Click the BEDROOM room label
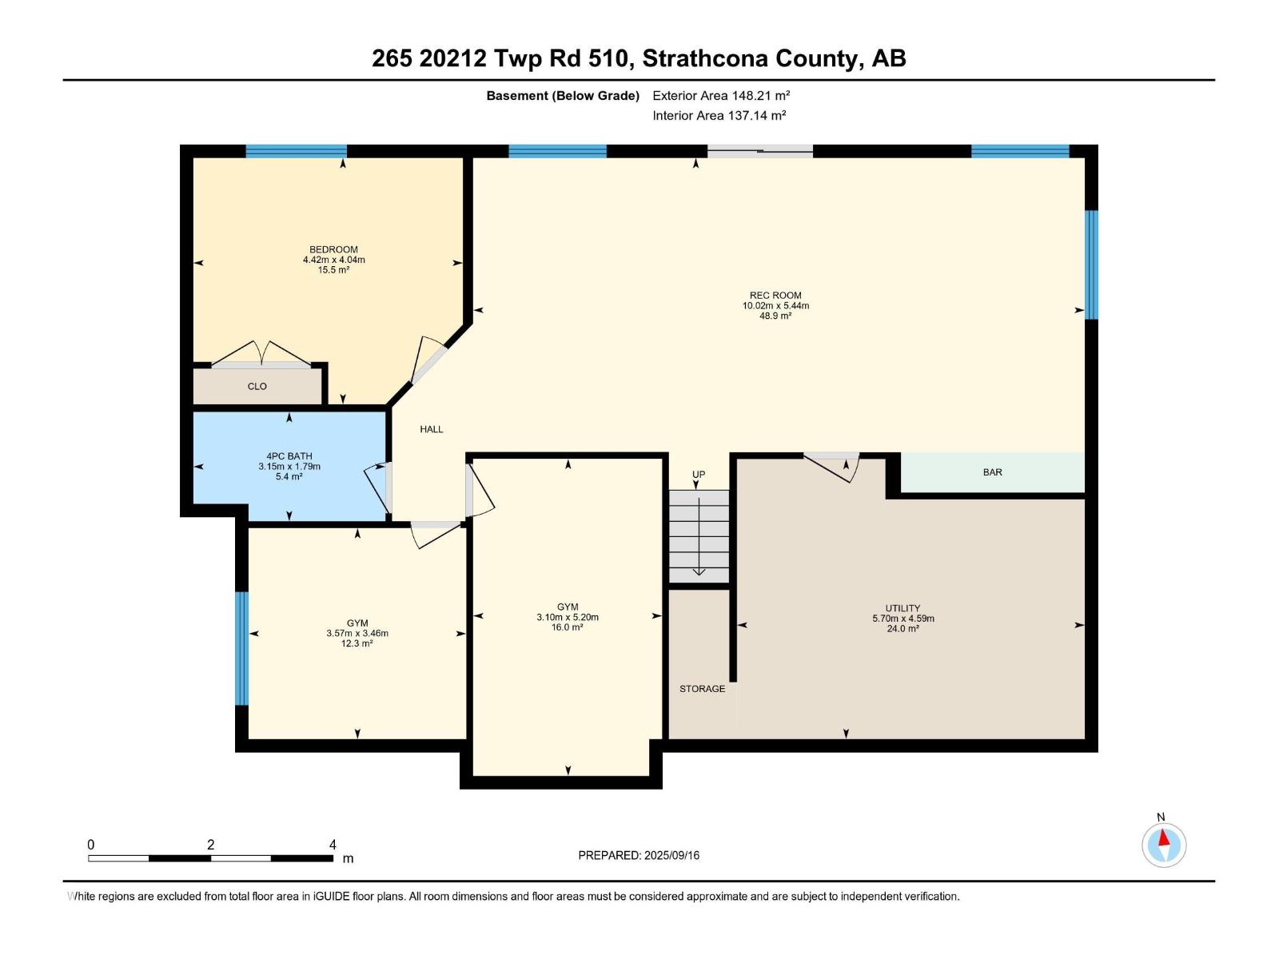pyautogui.click(x=333, y=249)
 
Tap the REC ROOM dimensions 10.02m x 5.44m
pyautogui.click(x=775, y=305)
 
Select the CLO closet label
pyautogui.click(x=257, y=386)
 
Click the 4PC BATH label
pyautogui.click(x=289, y=456)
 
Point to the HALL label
pyautogui.click(x=431, y=429)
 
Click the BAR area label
pyautogui.click(x=992, y=472)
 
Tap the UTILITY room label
pyautogui.click(x=902, y=608)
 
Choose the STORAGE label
pyautogui.click(x=702, y=689)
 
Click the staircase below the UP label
pyautogui.click(x=699, y=535)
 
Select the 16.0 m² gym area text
pyautogui.click(x=567, y=627)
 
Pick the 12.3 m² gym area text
pyautogui.click(x=357, y=643)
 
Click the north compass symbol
pyautogui.click(x=1163, y=845)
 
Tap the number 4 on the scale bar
pyautogui.click(x=333, y=845)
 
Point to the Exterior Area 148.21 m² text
pyautogui.click(x=721, y=95)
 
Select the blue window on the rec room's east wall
pyautogui.click(x=1091, y=264)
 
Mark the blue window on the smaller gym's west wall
pyautogui.click(x=241, y=648)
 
